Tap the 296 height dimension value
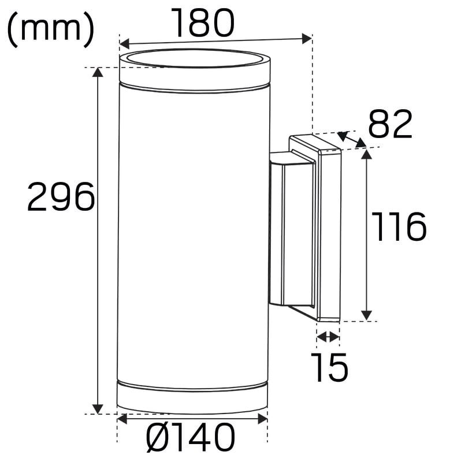coord(61,196)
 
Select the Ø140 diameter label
coord(191,437)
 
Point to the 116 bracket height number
coord(399,226)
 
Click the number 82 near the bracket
coord(390,124)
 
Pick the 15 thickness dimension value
coord(329,367)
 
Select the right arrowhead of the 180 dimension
coord(307,39)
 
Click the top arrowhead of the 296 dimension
coord(98,72)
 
